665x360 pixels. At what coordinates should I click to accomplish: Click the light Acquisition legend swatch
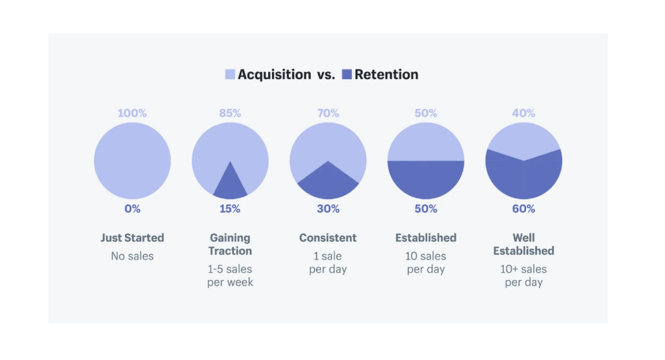point(230,75)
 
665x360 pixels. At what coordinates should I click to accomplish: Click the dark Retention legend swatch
point(347,75)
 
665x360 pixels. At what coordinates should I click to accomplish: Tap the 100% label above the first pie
point(132,113)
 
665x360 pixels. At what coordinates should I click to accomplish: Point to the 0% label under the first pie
point(132,209)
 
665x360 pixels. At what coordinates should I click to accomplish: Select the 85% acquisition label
point(230,113)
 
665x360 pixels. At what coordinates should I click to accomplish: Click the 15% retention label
point(230,209)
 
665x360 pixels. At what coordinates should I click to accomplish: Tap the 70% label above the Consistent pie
point(328,113)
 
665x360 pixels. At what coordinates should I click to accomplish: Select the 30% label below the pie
point(328,209)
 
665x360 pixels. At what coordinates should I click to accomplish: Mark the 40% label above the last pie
point(523,113)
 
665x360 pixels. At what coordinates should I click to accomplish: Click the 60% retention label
point(523,209)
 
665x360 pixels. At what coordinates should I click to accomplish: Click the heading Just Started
point(132,238)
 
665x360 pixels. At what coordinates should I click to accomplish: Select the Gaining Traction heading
point(230,244)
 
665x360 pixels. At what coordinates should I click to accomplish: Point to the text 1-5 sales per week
point(230,276)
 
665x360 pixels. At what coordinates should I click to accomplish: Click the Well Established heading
point(523,244)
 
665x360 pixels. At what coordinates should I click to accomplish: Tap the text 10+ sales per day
point(523,276)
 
